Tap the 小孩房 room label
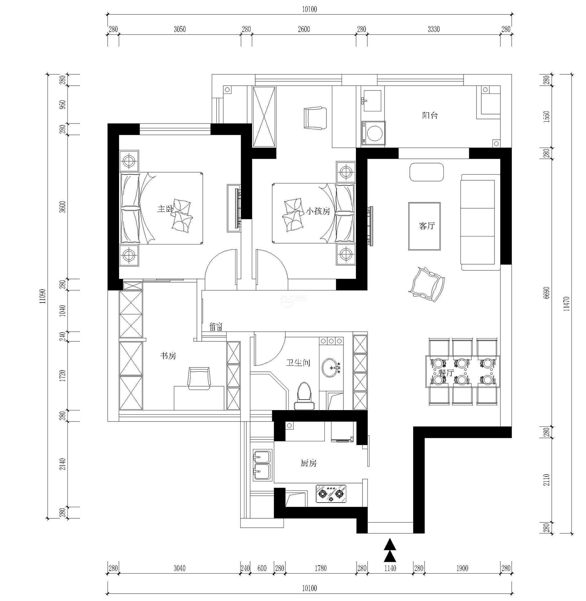click(318, 211)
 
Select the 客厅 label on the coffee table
click(427, 226)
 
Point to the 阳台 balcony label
click(430, 115)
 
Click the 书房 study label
click(168, 356)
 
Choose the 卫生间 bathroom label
click(298, 363)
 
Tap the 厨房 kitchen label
click(309, 463)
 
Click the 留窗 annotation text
click(216, 327)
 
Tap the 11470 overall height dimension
click(567, 304)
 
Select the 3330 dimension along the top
click(434, 29)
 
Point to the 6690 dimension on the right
click(547, 293)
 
